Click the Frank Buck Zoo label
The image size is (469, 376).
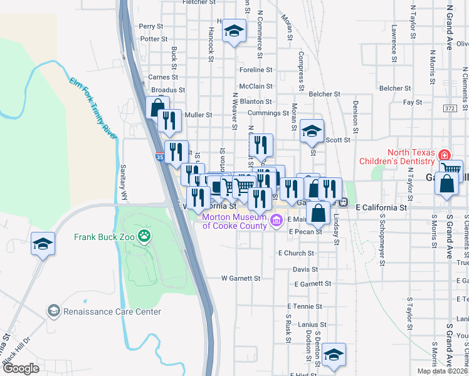[105, 236]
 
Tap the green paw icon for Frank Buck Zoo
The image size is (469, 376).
[145, 236]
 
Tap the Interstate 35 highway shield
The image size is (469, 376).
[160, 159]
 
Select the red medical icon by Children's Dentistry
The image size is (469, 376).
[445, 154]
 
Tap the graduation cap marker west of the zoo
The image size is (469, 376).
[43, 243]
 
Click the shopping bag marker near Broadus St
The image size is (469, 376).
[157, 106]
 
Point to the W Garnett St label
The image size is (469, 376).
[240, 278]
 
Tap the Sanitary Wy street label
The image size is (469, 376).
[124, 183]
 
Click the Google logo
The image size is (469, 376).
[21, 368]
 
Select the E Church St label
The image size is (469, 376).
[296, 253]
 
